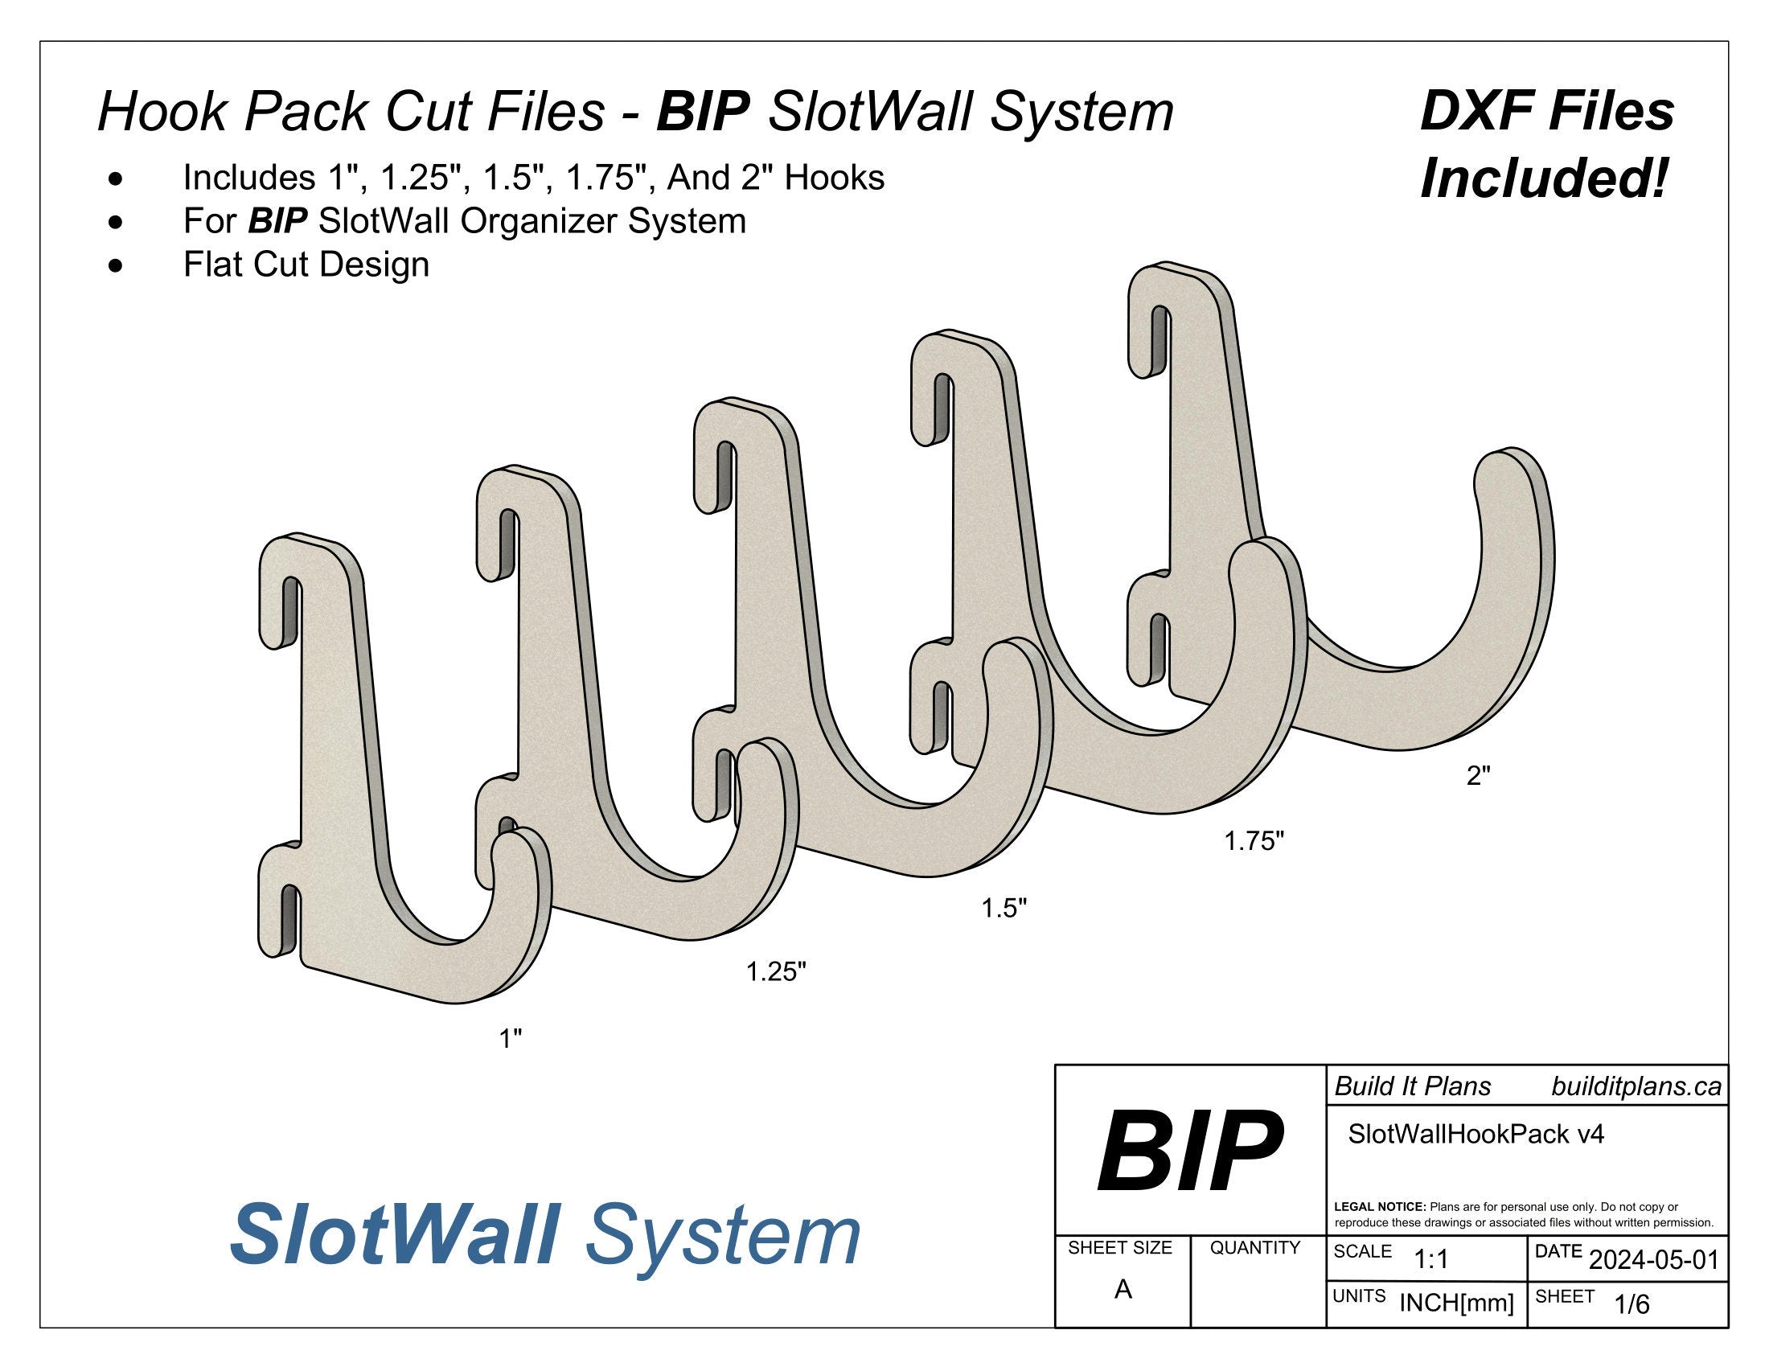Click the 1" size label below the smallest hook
click(x=510, y=1038)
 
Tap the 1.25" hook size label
click(x=776, y=971)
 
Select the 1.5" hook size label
click(x=1004, y=909)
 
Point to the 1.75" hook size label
click(x=1254, y=841)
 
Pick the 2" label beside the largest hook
click(x=1478, y=776)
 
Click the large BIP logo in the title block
click(x=1189, y=1152)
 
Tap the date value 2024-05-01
click(x=1653, y=1261)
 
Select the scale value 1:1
click(x=1430, y=1260)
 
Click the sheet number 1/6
click(x=1632, y=1304)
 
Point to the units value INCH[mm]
click(x=1456, y=1303)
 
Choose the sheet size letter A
click(x=1123, y=1290)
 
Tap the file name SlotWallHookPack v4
click(x=1476, y=1134)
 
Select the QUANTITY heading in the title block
click(x=1254, y=1248)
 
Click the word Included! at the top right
click(x=1545, y=179)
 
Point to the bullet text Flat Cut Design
click(x=306, y=265)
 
